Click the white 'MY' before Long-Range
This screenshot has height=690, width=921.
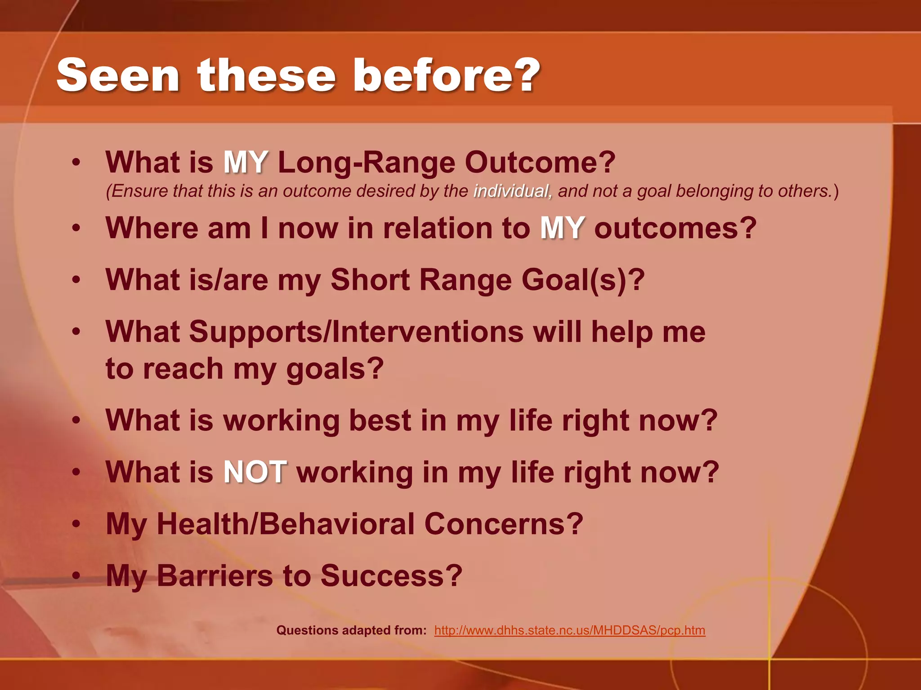246,162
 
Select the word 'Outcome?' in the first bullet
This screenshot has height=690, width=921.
540,162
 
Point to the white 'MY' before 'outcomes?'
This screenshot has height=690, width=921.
562,228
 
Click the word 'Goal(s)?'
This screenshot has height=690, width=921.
583,280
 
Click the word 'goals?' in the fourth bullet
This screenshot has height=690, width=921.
335,369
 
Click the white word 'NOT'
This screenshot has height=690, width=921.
255,472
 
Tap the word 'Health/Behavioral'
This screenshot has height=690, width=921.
286,524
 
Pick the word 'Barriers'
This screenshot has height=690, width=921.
215,576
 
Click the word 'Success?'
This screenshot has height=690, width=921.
391,576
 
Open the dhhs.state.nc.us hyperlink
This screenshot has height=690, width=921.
569,630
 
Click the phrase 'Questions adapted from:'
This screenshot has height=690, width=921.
351,630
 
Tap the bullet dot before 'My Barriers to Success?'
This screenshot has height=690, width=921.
76,576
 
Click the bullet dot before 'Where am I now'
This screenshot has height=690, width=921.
76,228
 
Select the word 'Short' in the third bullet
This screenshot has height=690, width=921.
370,280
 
